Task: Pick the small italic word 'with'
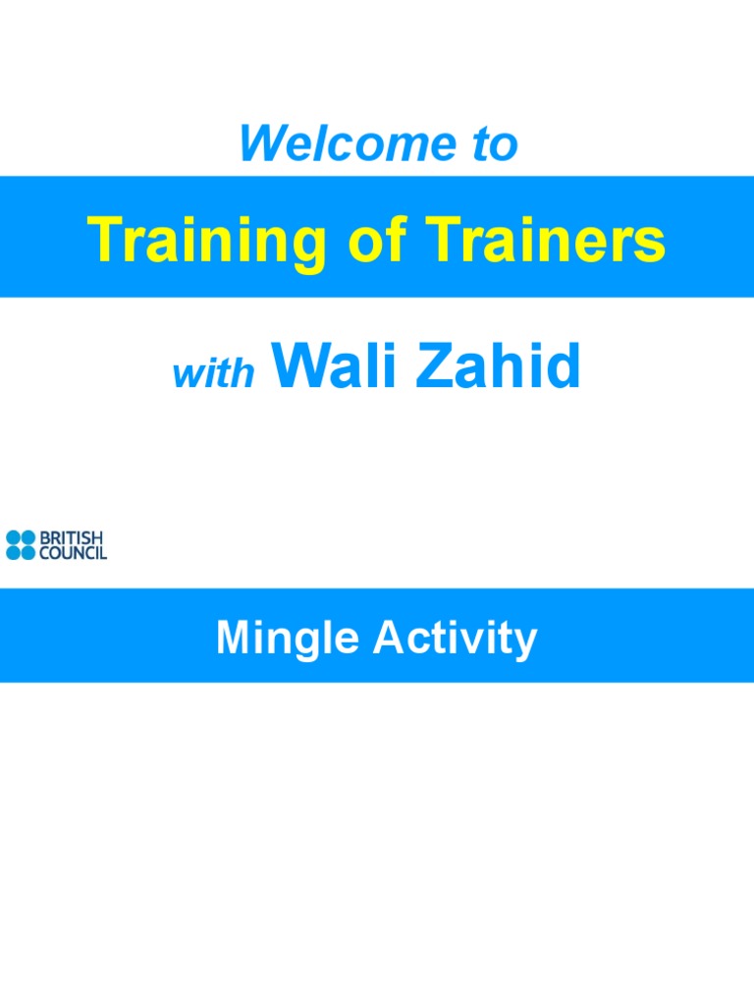click(214, 374)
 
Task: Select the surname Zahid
click(500, 366)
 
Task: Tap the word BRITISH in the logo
click(71, 538)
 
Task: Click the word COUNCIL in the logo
click(73, 553)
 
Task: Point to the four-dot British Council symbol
click(20, 545)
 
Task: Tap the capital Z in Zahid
click(433, 366)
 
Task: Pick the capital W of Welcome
click(259, 145)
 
